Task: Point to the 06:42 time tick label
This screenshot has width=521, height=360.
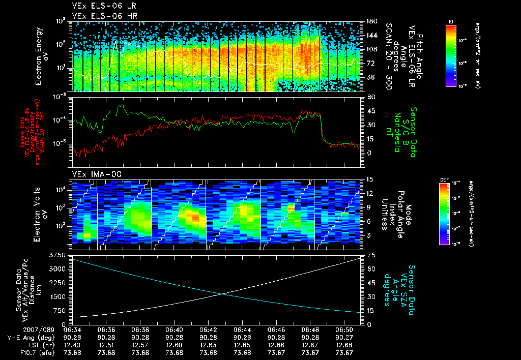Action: [x=209, y=329]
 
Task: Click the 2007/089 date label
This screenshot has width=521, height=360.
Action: [x=19, y=329]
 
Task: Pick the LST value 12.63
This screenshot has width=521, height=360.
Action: [x=209, y=345]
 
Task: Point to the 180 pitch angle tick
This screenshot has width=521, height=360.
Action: [x=369, y=21]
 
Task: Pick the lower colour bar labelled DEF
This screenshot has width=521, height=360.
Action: [x=444, y=213]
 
